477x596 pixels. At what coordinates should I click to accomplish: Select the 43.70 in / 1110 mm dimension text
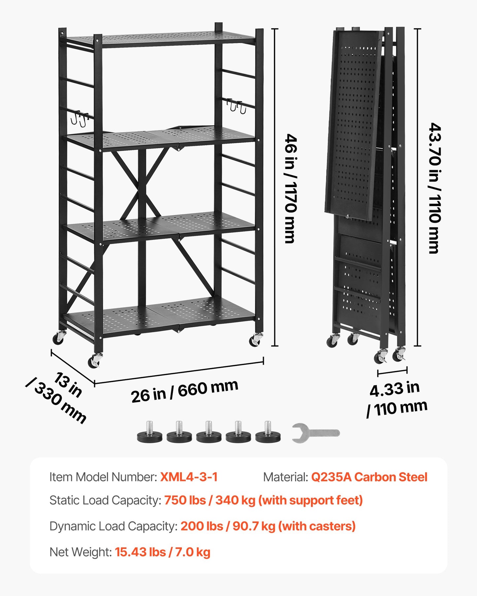(x=435, y=188)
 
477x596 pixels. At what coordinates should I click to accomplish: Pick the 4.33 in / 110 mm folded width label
(x=397, y=399)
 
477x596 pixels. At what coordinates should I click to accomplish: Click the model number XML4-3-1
(x=189, y=477)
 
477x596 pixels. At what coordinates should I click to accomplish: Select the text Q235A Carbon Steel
(x=369, y=477)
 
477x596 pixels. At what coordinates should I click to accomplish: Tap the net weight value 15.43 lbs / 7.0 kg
(x=162, y=552)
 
